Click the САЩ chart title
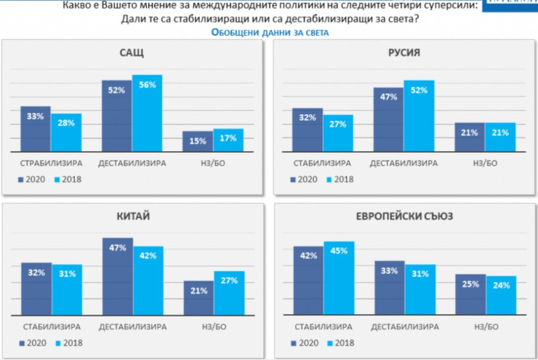tap(132, 53)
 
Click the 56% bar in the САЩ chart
tap(147, 113)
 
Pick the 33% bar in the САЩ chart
tap(36, 129)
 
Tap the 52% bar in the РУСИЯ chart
tap(418, 116)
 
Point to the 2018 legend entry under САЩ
tap(68, 179)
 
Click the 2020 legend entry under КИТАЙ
tap(31, 343)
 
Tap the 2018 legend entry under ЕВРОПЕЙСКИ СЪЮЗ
tap(338, 343)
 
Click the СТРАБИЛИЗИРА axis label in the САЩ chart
tap(52, 163)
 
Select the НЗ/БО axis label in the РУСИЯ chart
tap(485, 163)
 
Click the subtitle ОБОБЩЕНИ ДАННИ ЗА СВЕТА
tap(270, 33)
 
